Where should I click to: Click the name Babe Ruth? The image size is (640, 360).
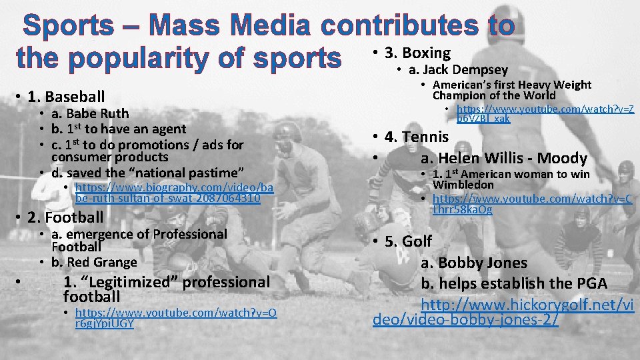[90, 113]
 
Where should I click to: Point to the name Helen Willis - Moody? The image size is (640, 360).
[503, 158]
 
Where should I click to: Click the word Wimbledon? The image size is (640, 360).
[463, 185]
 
